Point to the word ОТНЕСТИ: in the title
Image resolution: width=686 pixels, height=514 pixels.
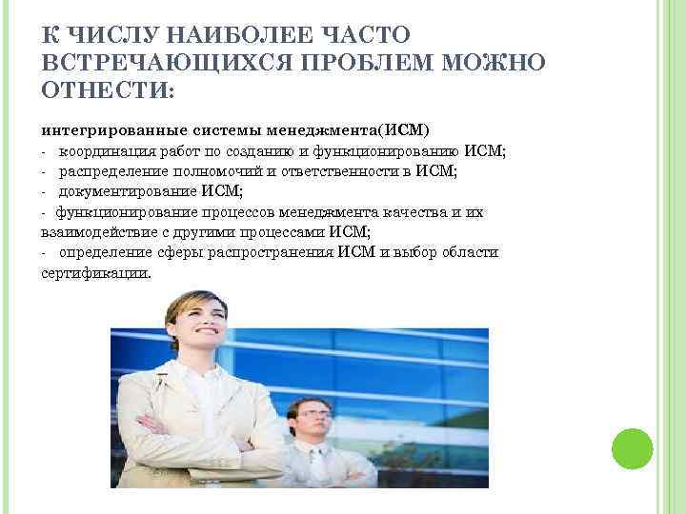[x=106, y=91]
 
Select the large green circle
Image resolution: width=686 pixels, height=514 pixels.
[x=631, y=447]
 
